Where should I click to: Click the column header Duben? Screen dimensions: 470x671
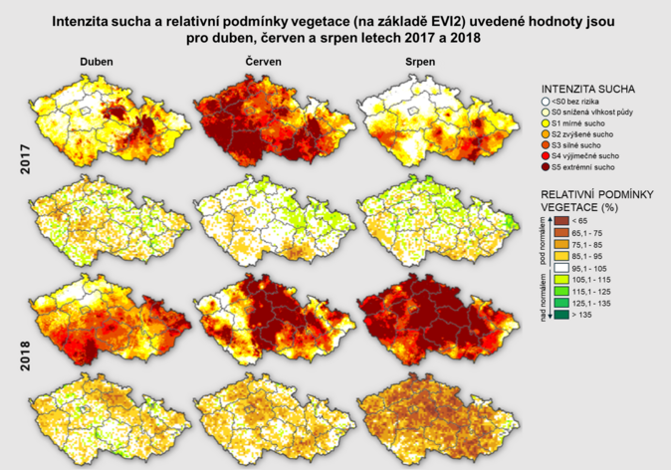coord(98,63)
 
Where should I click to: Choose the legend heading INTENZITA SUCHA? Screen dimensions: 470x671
coord(592,89)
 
